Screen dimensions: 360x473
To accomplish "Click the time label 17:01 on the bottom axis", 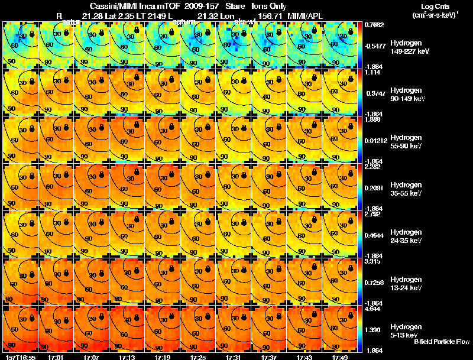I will (56, 357).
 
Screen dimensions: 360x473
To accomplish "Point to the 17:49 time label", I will (339, 357).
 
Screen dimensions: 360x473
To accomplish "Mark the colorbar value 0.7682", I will (374, 25).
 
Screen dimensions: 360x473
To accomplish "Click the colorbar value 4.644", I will (373, 309).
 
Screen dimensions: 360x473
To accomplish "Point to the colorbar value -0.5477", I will (376, 45).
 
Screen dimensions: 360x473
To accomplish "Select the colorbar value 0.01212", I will (376, 140).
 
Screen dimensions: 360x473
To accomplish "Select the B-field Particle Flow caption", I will (441, 342).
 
